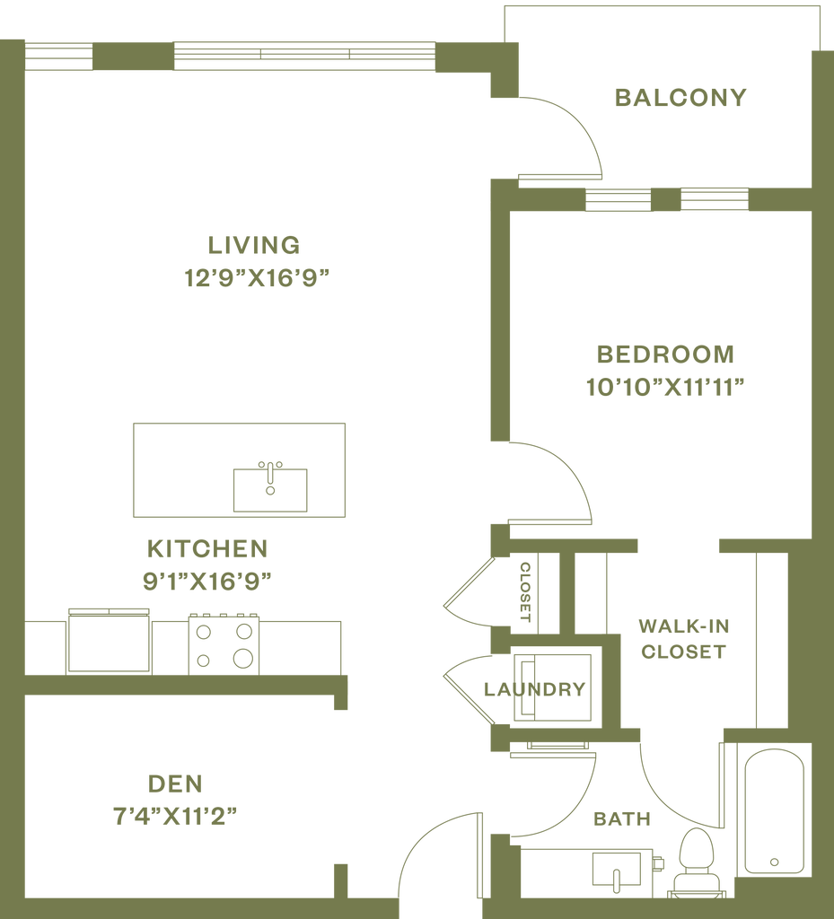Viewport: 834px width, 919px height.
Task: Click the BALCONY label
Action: (680, 98)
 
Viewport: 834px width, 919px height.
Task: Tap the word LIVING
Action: (253, 245)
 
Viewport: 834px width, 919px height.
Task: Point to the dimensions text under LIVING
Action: (257, 278)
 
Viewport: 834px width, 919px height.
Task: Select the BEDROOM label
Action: (664, 354)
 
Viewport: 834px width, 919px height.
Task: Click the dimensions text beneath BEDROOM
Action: (664, 388)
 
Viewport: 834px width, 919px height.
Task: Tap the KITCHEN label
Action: (207, 548)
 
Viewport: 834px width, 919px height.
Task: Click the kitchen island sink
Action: (269, 487)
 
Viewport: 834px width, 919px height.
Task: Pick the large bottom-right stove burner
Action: (242, 658)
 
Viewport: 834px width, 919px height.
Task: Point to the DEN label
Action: (176, 785)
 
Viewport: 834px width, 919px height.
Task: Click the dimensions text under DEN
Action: (176, 818)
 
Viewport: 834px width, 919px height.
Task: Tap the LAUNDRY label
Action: (535, 690)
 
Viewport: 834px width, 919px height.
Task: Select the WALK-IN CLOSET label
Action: (682, 638)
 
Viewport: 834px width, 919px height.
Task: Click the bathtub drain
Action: (774, 862)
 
